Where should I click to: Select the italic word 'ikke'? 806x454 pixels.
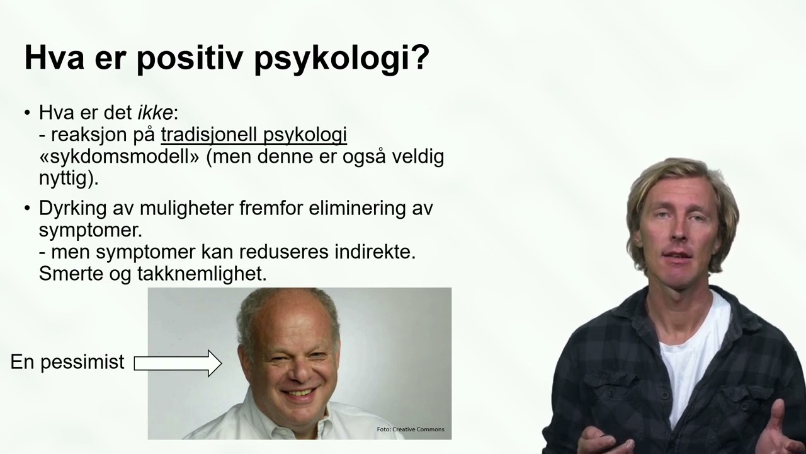point(155,113)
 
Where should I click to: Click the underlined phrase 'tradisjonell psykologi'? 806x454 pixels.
point(254,135)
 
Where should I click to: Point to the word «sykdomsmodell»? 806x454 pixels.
point(120,156)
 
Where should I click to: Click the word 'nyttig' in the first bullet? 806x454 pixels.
point(65,178)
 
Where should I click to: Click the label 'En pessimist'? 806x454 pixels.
point(67,362)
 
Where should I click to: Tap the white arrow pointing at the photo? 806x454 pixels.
point(177,363)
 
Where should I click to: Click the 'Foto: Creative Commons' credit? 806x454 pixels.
point(410,429)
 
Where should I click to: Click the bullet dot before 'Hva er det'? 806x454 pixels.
point(27,113)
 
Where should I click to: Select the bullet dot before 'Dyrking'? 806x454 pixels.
point(27,209)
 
